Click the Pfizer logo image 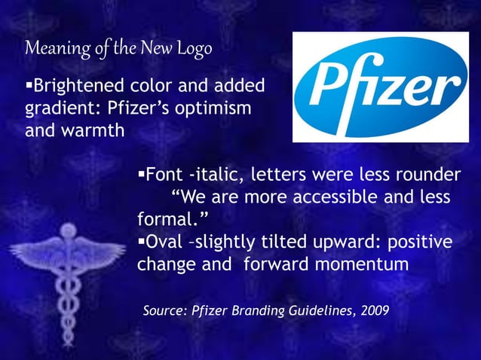[380, 87]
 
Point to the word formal [170, 220]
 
